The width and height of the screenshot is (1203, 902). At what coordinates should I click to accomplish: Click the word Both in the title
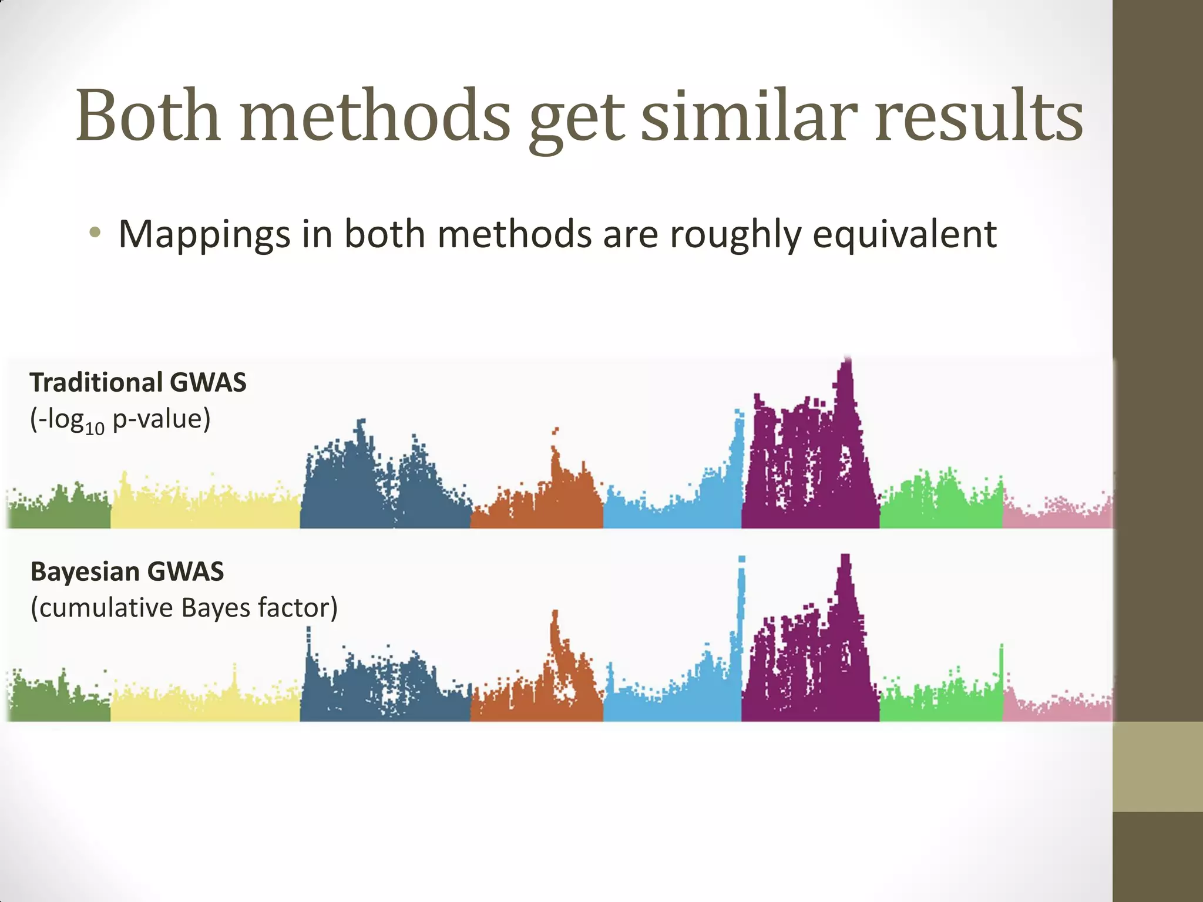point(148,116)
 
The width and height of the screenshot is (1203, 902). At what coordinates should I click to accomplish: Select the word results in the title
point(979,116)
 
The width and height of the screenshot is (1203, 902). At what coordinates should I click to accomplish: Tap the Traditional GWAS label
point(138,383)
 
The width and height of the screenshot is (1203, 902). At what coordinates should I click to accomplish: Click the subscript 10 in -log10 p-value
point(95,428)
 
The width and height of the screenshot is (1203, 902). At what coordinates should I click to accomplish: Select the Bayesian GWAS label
point(127,572)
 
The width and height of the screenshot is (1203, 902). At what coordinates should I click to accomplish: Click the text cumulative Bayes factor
point(184,608)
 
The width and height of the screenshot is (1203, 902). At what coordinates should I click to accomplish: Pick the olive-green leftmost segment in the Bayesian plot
point(59,702)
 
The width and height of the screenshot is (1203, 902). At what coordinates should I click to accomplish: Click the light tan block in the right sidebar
point(1157,766)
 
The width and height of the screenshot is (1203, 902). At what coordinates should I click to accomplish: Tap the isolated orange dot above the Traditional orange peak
point(555,431)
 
